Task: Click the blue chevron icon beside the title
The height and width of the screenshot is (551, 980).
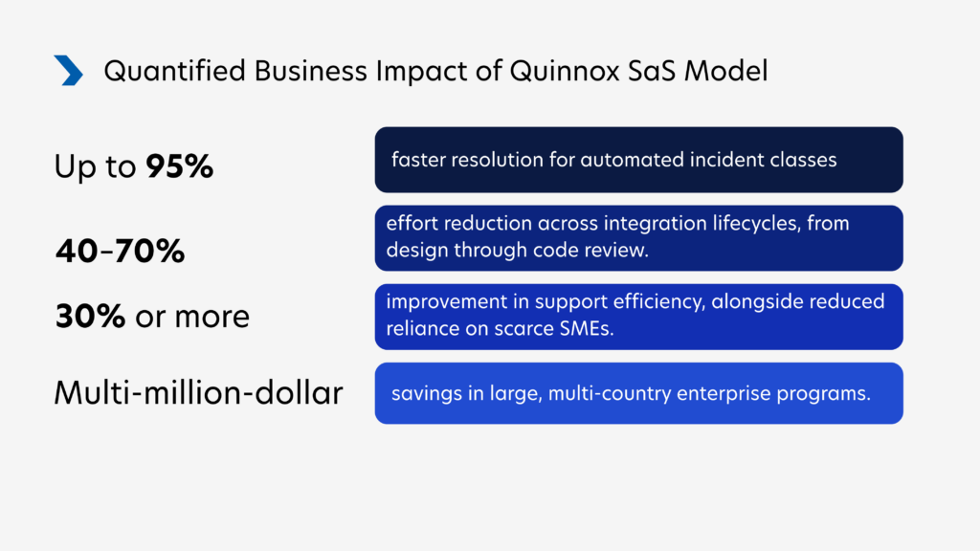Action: click(69, 70)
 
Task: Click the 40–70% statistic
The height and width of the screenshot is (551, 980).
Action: click(120, 252)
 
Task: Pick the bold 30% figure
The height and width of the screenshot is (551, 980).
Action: click(89, 316)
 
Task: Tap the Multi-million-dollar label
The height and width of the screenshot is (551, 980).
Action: click(198, 392)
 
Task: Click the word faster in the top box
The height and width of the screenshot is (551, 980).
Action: click(419, 160)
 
